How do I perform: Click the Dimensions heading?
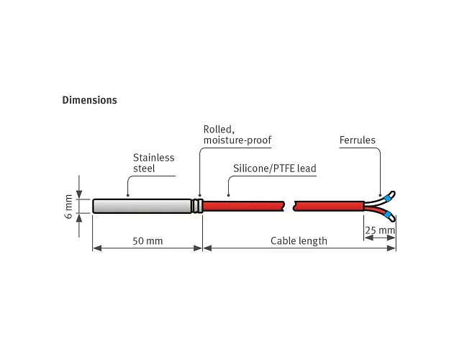[89, 100]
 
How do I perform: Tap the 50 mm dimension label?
[148, 240]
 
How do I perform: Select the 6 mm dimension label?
[68, 206]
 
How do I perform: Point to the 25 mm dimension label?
[380, 230]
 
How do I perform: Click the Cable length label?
[299, 240]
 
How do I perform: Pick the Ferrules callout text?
[358, 140]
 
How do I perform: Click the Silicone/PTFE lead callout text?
[275, 168]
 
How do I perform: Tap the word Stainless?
[154, 158]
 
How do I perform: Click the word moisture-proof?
[237, 140]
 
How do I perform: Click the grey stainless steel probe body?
[142, 206]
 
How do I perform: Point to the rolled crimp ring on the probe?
[197, 206]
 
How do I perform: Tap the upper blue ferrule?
[388, 198]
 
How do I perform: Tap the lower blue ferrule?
[387, 215]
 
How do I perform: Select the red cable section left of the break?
[244, 206]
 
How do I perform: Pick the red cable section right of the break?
[329, 206]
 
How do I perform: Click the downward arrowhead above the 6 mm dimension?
[79, 194]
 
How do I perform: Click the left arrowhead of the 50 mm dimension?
[97, 248]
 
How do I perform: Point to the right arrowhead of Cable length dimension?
[391, 248]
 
